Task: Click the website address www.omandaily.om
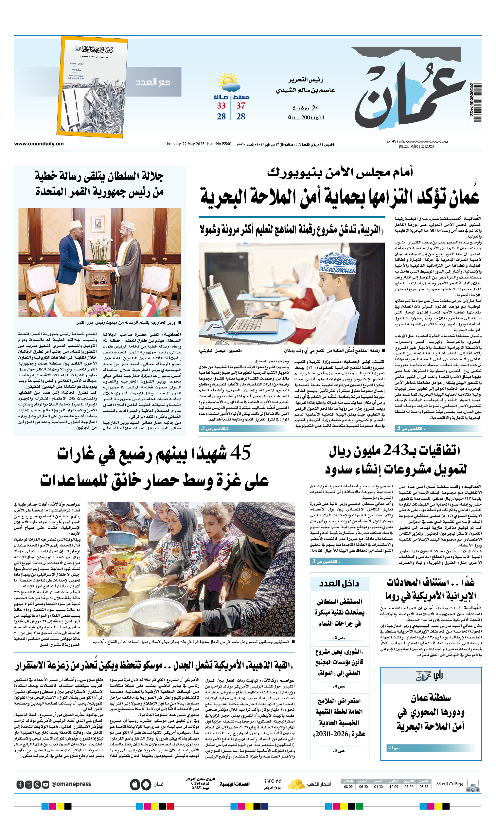point(39,144)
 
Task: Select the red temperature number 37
point(240,106)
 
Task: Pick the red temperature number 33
point(221,106)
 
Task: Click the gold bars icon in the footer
point(296,784)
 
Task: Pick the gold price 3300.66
point(272,781)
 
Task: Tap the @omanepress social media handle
point(71,784)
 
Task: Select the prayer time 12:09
point(394,787)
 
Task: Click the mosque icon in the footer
point(473,784)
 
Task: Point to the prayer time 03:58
point(424,787)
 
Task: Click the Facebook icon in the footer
point(20,785)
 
